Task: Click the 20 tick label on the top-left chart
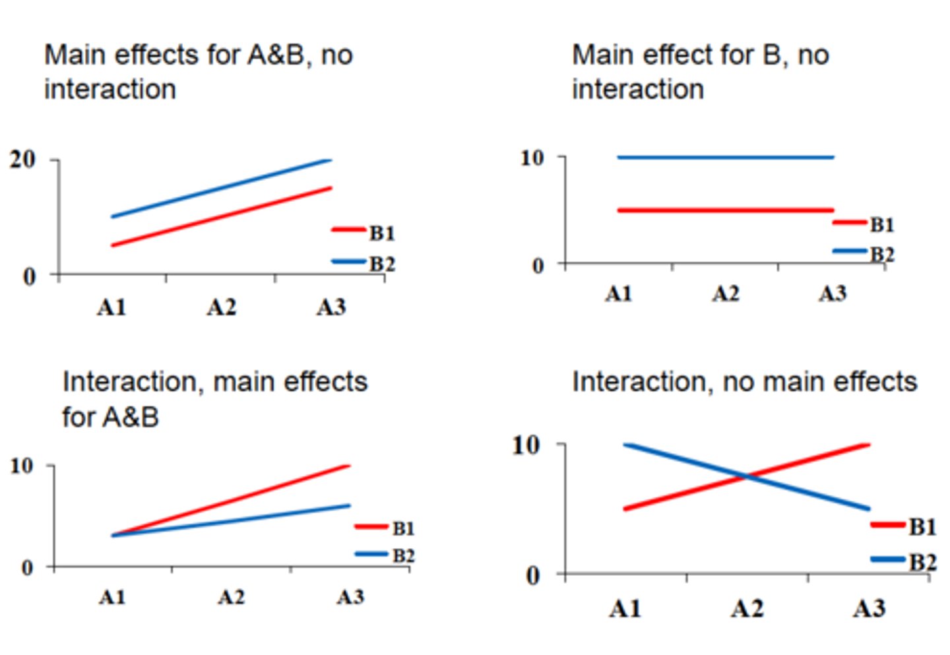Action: click(x=22, y=160)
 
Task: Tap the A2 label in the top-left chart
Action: click(x=221, y=307)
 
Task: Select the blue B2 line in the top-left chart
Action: click(x=221, y=188)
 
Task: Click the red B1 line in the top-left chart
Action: click(x=221, y=217)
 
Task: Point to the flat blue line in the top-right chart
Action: click(x=726, y=157)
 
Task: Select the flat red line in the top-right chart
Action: click(x=726, y=210)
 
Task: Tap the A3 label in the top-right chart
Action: click(x=833, y=294)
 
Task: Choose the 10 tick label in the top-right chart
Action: click(x=532, y=158)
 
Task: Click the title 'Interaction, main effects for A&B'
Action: click(x=214, y=399)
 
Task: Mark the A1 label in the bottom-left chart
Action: click(x=112, y=598)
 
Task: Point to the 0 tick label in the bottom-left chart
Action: click(x=27, y=568)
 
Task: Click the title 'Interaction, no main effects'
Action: click(x=744, y=382)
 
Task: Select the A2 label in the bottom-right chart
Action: click(x=747, y=608)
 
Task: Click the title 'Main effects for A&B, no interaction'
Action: click(x=198, y=72)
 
